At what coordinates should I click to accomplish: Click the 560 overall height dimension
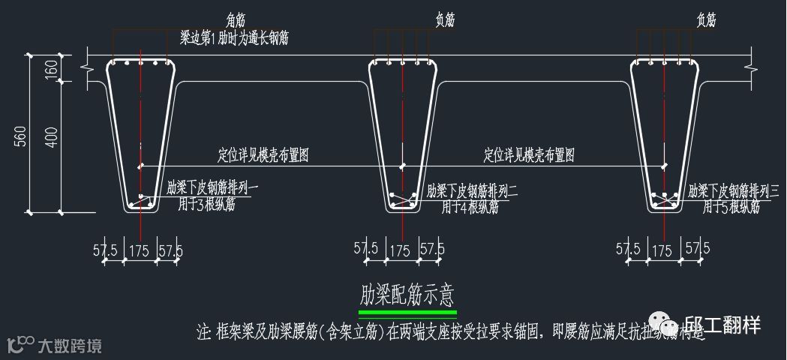pyautogui.click(x=17, y=136)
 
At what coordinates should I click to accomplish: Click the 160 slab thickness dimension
pyautogui.click(x=51, y=68)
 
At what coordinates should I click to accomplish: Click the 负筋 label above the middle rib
pyautogui.click(x=446, y=20)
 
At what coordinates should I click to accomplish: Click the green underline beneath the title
pyautogui.click(x=407, y=312)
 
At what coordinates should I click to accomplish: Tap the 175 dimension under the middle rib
pyautogui.click(x=401, y=250)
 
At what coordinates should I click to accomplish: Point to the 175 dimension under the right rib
pyautogui.click(x=662, y=250)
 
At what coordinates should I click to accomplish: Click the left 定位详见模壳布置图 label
pyautogui.click(x=263, y=156)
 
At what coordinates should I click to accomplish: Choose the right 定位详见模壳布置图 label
pyautogui.click(x=529, y=156)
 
